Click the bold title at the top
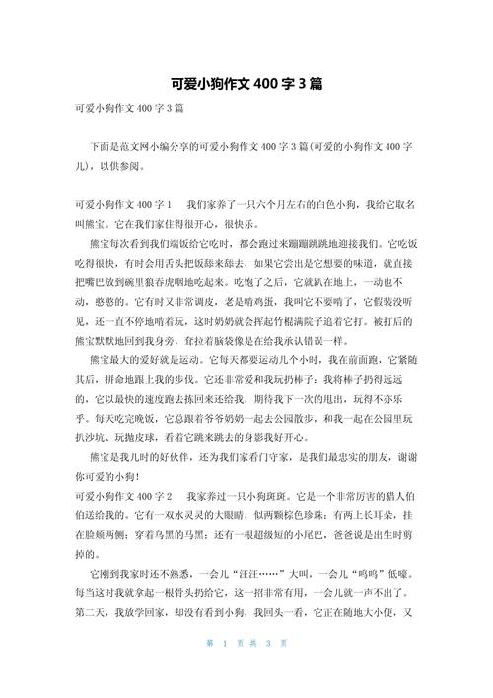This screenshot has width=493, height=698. point(246,85)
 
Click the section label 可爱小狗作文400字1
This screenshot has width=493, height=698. point(123,203)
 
